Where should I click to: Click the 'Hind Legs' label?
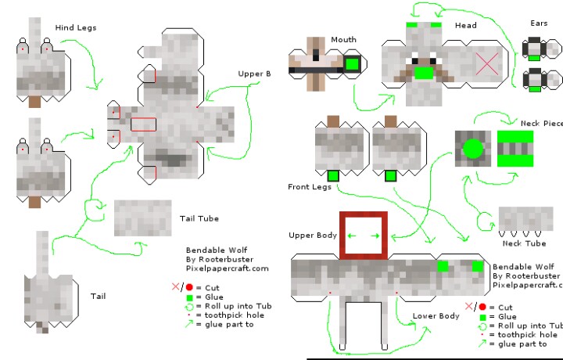pos(76,28)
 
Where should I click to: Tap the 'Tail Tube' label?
pos(199,218)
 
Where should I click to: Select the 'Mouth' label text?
pos(343,40)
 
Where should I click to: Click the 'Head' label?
pos(465,26)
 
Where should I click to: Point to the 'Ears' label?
pos(539,24)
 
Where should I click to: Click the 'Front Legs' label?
pos(309,187)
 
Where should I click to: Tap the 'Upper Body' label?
pos(312,236)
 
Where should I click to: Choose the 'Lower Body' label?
pos(436,316)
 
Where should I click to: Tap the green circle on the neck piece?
pos(473,148)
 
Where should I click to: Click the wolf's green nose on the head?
pos(424,74)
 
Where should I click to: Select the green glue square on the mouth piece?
pos(352,64)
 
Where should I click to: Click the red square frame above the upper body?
pos(364,235)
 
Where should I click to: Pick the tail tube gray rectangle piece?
pos(142,218)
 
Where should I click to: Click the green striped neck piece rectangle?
pos(515,148)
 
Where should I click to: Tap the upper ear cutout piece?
pos(535,49)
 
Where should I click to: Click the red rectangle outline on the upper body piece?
pos(144,124)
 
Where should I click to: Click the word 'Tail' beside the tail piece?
pos(98,296)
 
